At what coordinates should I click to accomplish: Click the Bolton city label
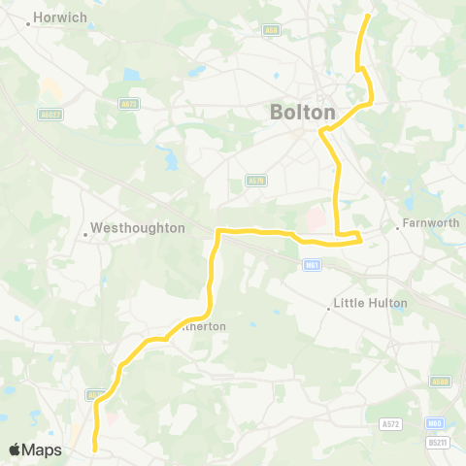302,113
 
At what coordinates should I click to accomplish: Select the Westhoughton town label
137,229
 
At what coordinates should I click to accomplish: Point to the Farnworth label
432,223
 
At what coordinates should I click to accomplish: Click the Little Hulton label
370,303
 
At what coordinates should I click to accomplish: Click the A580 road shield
441,382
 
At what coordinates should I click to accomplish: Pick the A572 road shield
390,423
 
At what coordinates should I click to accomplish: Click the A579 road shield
255,180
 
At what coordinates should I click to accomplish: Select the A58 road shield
271,30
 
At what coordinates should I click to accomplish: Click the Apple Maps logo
35,449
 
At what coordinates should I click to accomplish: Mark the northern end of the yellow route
368,17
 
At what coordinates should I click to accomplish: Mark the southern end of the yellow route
94,449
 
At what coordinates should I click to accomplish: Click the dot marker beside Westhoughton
84,230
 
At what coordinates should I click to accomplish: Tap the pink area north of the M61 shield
316,219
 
